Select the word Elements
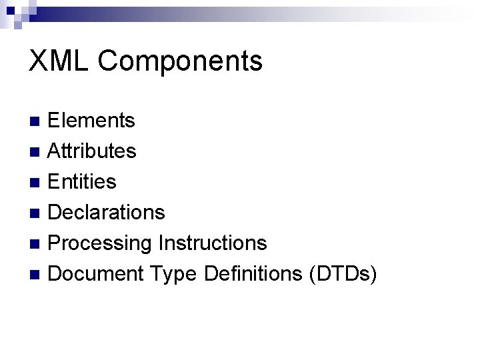click(92, 121)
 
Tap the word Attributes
click(93, 151)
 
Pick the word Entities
click(83, 181)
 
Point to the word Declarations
click(107, 212)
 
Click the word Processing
click(101, 243)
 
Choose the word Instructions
click(213, 243)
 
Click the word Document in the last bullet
click(97, 273)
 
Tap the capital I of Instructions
click(161, 243)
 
